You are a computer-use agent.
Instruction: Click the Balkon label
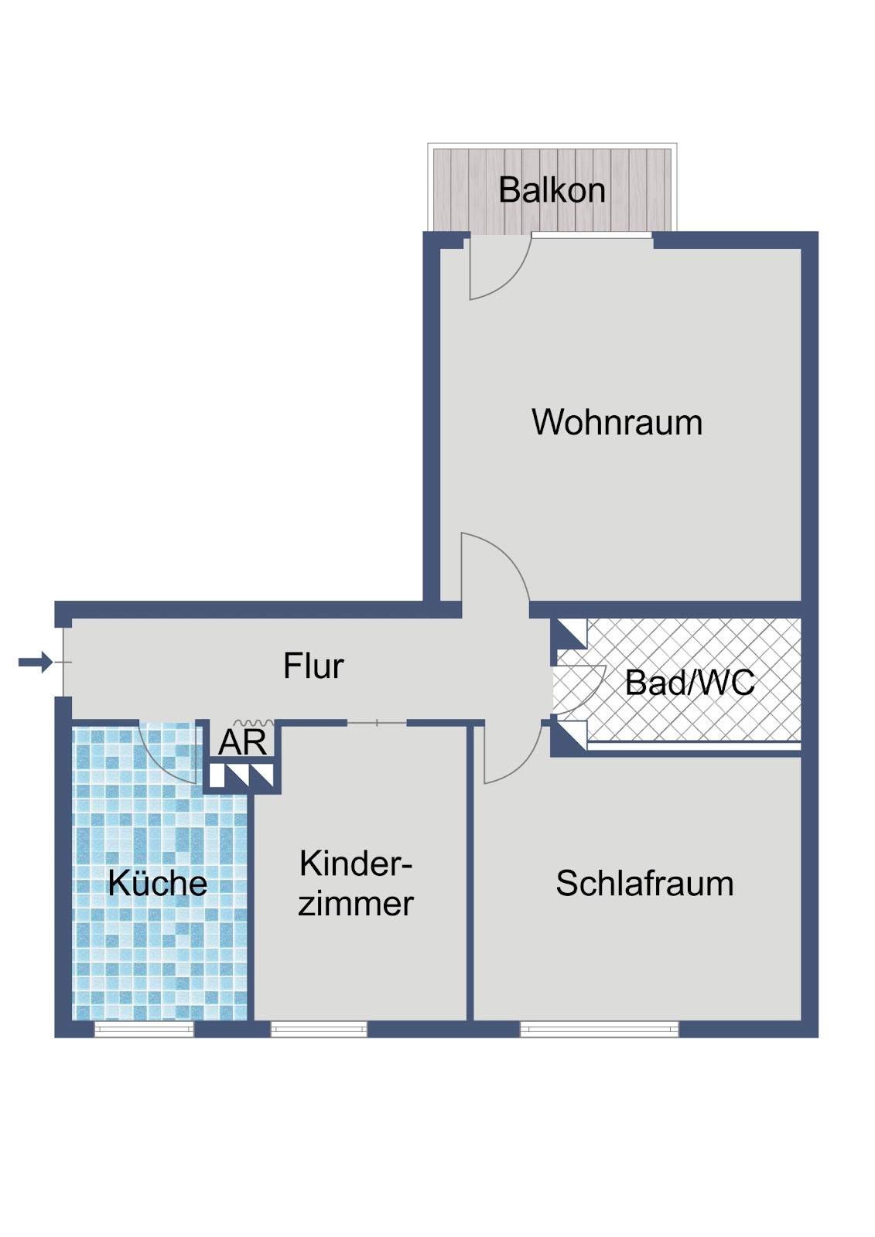point(552,190)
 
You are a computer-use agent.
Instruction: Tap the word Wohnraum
point(617,422)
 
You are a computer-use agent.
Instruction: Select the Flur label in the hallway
point(313,666)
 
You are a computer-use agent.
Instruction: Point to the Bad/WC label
point(690,683)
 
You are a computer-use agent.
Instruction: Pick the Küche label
point(158,883)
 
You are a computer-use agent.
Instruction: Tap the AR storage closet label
point(242,742)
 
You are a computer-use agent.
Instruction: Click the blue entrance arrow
point(36,662)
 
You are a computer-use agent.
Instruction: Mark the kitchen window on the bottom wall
point(144,1029)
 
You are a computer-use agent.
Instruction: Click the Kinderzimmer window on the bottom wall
point(319,1029)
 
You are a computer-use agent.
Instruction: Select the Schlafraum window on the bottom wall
point(599,1029)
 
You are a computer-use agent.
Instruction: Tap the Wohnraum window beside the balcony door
point(592,235)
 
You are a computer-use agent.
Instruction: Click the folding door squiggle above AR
point(254,722)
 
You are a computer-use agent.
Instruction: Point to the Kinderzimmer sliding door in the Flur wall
point(377,723)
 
